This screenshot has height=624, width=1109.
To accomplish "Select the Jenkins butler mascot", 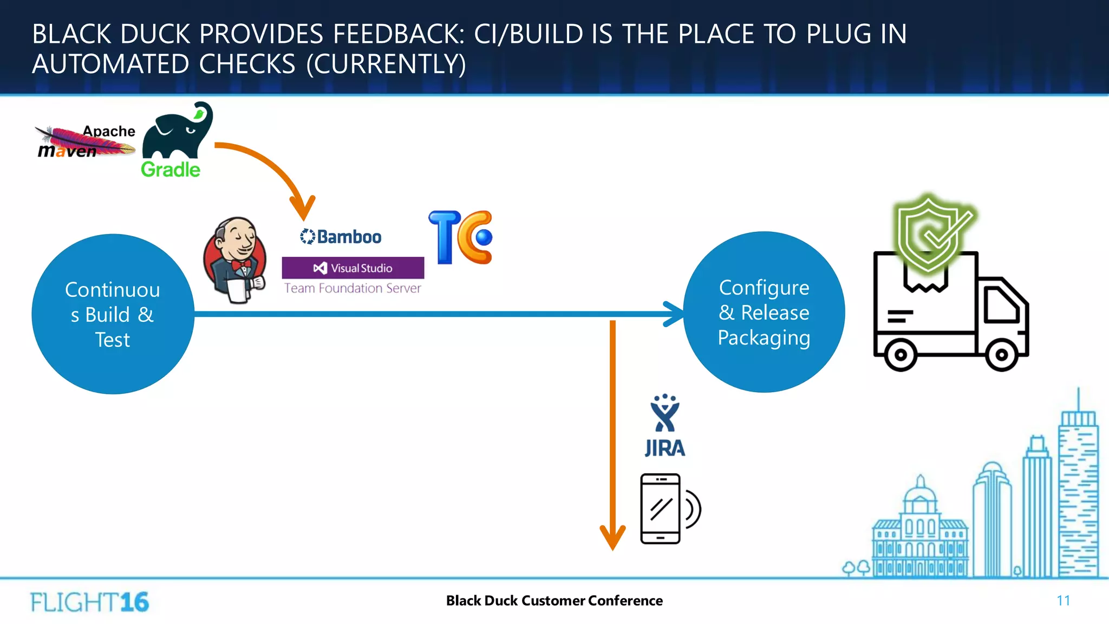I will tap(235, 260).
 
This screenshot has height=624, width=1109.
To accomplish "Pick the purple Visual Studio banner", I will tap(353, 268).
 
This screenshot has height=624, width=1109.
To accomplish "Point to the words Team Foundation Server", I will tap(353, 288).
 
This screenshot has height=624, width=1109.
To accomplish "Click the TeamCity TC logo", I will tap(461, 237).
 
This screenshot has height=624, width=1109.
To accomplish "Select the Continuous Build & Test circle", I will tap(113, 314).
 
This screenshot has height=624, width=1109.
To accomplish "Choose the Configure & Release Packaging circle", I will tap(764, 312).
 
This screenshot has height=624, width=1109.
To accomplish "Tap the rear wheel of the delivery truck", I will tap(900, 355).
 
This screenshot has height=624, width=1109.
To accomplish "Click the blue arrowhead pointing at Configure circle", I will tap(675, 314).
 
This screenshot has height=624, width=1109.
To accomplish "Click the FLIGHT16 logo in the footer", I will tap(89, 602).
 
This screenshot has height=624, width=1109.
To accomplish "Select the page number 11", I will tap(1063, 601).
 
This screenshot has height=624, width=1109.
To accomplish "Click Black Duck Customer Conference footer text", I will tap(554, 601).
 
